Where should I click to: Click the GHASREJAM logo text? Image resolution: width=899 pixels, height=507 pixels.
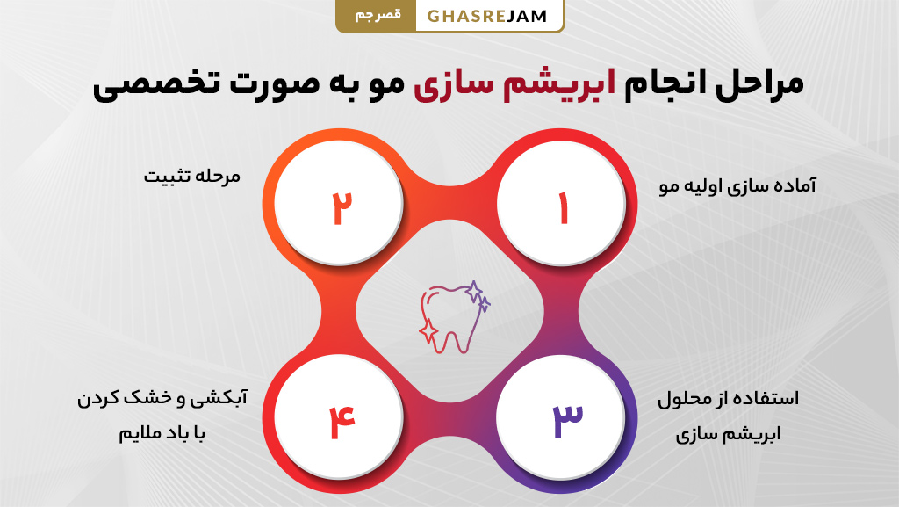(488, 16)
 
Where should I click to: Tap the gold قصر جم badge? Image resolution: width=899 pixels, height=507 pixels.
(375, 16)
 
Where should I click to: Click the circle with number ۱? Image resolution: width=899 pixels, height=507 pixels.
(561, 208)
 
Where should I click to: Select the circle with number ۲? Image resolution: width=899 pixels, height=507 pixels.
(339, 208)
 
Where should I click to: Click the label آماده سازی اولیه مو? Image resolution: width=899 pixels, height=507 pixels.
(737, 186)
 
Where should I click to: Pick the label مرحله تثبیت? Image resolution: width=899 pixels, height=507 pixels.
(191, 176)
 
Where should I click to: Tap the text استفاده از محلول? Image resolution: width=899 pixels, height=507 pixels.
(728, 399)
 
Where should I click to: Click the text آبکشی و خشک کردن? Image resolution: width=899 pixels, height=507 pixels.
(162, 399)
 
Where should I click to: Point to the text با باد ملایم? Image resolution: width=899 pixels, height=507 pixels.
(162, 433)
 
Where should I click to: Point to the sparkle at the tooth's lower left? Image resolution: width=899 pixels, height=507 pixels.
(428, 331)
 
